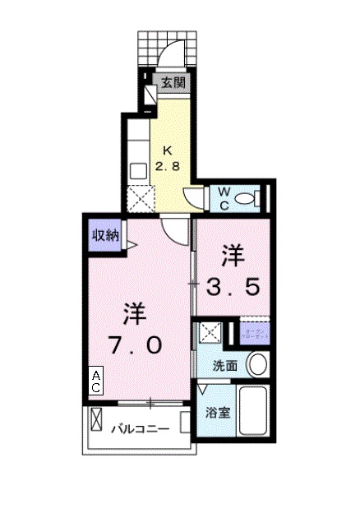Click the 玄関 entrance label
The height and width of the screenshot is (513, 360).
pyautogui.click(x=173, y=81)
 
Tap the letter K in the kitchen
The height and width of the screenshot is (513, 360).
pyautogui.click(x=168, y=150)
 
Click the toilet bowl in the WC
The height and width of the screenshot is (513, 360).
pyautogui.click(x=259, y=197)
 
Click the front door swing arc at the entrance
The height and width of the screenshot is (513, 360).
pyautogui.click(x=171, y=53)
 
